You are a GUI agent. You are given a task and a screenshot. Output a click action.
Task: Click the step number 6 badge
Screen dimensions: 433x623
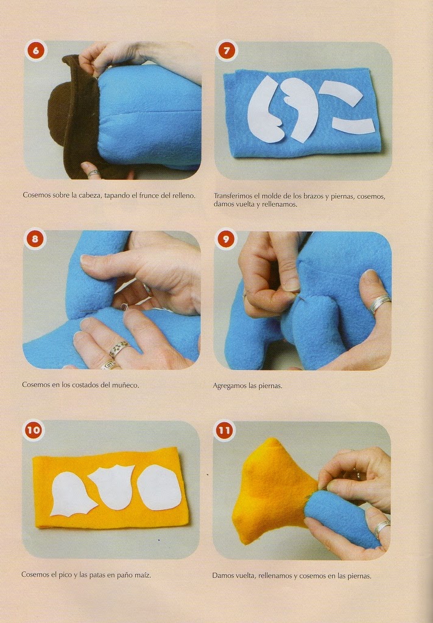click(x=36, y=50)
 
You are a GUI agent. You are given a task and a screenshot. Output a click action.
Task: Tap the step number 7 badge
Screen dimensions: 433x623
click(x=227, y=51)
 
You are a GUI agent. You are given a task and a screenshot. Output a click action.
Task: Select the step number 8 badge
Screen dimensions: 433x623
click(x=35, y=238)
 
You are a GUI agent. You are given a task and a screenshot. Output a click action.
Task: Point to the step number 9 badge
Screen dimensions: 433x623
click(x=226, y=239)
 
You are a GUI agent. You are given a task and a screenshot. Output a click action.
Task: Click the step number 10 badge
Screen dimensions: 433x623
click(x=33, y=430)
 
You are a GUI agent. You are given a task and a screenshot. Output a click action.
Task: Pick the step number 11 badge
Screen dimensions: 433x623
click(x=224, y=430)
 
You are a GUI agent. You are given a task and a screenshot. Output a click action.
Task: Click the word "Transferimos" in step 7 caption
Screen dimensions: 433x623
click(x=234, y=196)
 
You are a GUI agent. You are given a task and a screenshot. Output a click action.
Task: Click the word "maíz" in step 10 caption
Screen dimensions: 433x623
click(x=143, y=574)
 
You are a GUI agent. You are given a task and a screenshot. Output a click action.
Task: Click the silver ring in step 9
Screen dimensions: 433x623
click(x=380, y=304)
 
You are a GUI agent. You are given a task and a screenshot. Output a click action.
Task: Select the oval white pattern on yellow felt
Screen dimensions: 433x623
click(x=160, y=487)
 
